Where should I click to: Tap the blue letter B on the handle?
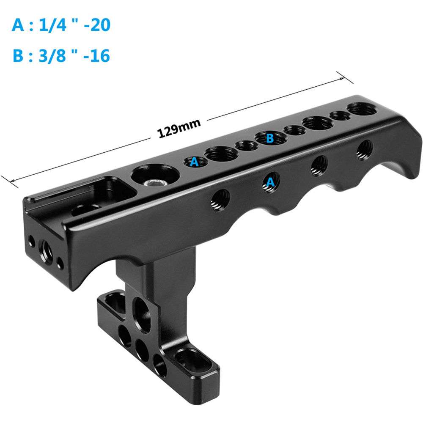[269, 138]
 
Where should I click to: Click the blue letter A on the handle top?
[194, 162]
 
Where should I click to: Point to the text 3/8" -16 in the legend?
[74, 55]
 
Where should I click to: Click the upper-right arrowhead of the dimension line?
[341, 79]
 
